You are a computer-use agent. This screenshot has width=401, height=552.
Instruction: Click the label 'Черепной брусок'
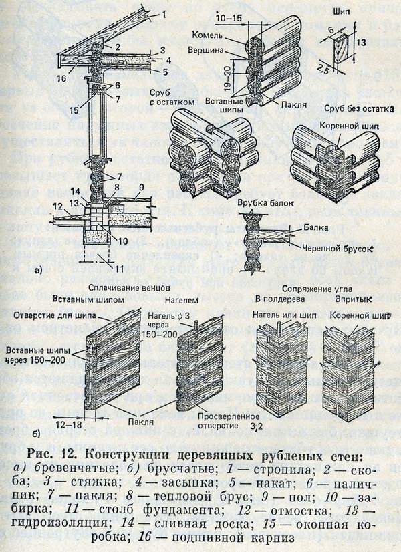coord(329,247)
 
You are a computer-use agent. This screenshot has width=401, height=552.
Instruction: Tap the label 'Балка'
coord(316,227)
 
